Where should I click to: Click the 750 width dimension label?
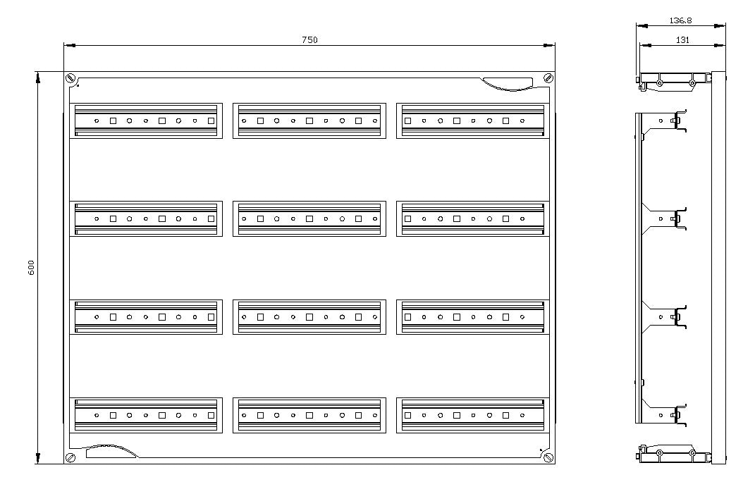point(309,40)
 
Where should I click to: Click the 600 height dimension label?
point(32,267)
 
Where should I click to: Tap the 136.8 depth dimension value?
point(680,20)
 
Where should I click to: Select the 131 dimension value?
point(682,40)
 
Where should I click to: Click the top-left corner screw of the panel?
point(70,78)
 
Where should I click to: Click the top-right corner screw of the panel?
point(548,78)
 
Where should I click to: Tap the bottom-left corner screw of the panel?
point(70,457)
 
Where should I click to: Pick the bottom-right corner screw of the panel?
point(548,457)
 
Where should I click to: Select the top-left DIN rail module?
point(146,121)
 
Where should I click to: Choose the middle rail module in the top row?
point(309,121)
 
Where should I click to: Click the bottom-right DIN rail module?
point(473,416)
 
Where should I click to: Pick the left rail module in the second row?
point(146,218)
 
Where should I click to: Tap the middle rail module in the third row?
point(309,317)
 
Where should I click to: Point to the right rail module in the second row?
point(473,218)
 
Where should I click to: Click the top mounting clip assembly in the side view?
point(674,81)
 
